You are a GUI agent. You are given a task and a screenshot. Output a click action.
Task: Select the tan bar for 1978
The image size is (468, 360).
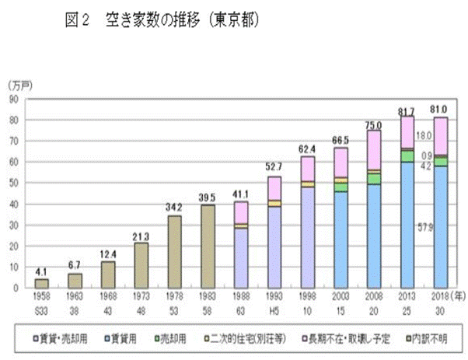point(174,251)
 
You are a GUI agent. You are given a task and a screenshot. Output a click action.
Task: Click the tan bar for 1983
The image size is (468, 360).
point(208,246)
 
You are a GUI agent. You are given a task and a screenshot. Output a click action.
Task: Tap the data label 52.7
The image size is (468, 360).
point(274,167)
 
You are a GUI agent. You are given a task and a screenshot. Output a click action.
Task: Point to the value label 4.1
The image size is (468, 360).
point(41,271)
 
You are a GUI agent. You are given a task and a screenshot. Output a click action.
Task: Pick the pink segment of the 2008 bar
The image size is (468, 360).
point(375,149)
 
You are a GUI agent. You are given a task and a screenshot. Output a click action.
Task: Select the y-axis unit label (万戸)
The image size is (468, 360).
point(17,83)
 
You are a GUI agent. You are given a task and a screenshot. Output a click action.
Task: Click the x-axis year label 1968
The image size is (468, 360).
point(108,297)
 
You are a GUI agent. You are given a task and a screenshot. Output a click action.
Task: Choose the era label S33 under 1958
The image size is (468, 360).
point(41,307)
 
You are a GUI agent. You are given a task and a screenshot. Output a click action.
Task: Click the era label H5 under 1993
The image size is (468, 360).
point(274,307)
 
